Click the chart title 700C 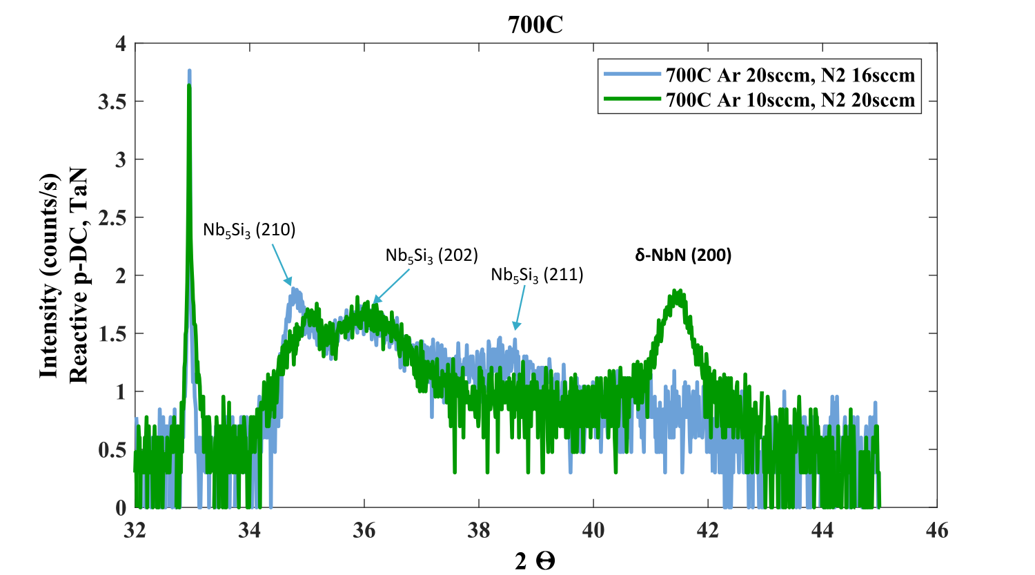coord(535,24)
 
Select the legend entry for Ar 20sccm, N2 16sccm coord(759,75)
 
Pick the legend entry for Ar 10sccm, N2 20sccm coord(759,100)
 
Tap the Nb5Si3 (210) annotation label coord(249,230)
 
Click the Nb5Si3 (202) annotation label coord(431,255)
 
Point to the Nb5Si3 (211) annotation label coord(537,275)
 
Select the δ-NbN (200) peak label coord(683,255)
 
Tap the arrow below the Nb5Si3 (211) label coord(520,308)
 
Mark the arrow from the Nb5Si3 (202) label coord(391,286)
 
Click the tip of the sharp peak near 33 coord(190,70)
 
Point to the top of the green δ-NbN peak coord(676,291)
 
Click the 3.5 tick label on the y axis coord(112,102)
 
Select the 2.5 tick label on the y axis coord(112,218)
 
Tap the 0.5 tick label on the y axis coord(112,450)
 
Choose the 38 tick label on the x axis coord(479,531)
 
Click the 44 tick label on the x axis coord(822,531)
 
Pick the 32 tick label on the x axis coord(135,531)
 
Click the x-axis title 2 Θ coord(535,562)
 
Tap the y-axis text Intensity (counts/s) coord(49,275)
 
